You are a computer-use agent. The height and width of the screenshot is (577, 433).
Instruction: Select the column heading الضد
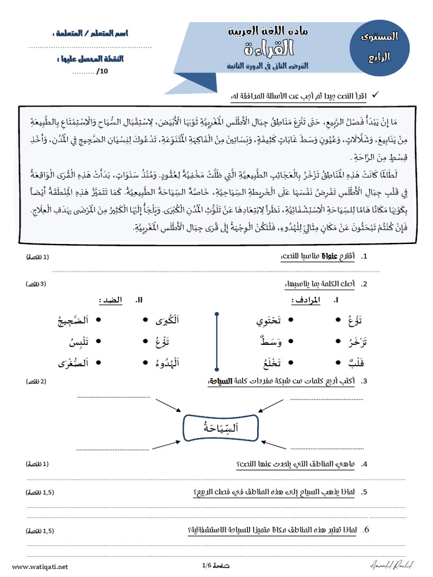point(111,300)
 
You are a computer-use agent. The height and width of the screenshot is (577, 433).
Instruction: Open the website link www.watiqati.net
point(39,566)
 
